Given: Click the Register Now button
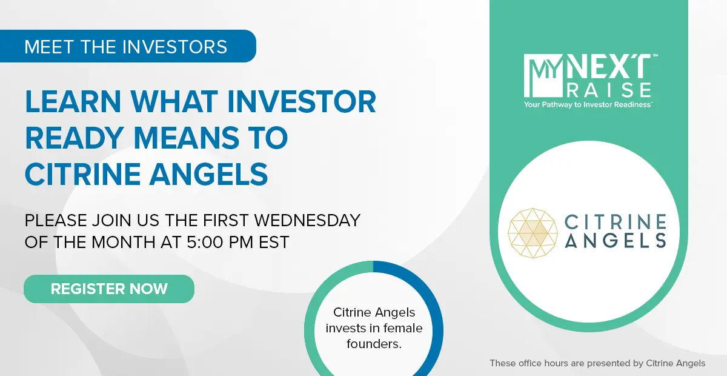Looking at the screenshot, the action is [x=109, y=289].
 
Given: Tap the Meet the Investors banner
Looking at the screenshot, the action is [x=128, y=46].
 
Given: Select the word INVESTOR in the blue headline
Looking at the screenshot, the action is [x=302, y=102].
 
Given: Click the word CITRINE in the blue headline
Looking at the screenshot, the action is [x=82, y=174].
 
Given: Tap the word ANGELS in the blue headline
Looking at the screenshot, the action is [x=208, y=174].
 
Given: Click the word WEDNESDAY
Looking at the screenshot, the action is [x=307, y=220].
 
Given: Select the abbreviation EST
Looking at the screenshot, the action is [x=274, y=242].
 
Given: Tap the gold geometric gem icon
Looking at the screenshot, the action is [x=533, y=233].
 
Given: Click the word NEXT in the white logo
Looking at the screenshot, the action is [x=609, y=66].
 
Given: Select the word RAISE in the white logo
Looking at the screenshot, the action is [x=609, y=90].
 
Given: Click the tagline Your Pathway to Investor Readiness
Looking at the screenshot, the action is [x=588, y=105].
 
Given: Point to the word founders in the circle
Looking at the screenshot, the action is [x=374, y=344].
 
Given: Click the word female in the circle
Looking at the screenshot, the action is [x=403, y=328].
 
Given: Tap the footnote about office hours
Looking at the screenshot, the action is [x=597, y=363].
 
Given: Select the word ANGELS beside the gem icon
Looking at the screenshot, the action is [x=616, y=241].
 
